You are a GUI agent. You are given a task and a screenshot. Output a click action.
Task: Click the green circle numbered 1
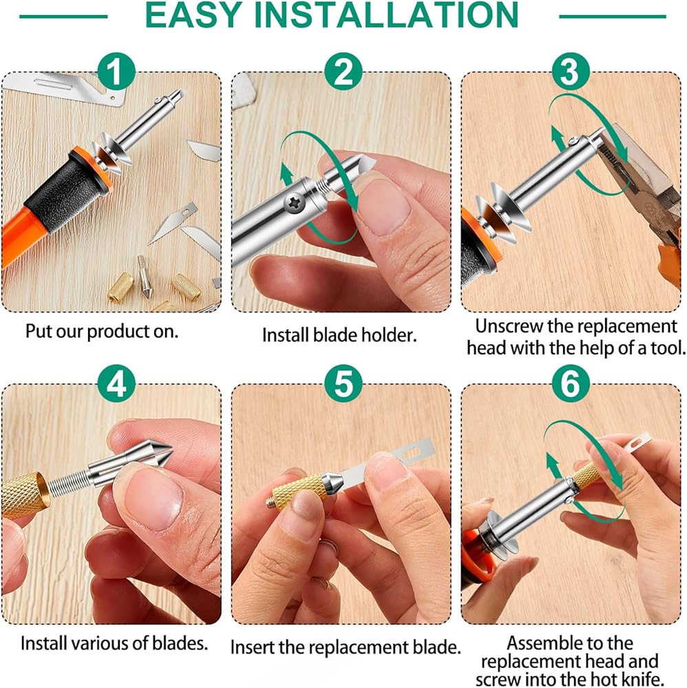116,71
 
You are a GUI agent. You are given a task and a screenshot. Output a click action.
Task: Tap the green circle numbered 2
343,71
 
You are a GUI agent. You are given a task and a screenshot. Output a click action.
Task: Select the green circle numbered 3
570,71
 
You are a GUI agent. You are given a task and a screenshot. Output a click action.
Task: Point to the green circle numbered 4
116,383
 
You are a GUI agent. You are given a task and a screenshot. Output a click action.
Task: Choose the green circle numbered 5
343,383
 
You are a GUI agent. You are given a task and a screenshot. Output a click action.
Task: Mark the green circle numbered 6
570,383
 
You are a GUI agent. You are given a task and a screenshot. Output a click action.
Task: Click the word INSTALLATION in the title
386,15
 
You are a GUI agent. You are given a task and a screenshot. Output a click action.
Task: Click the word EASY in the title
193,15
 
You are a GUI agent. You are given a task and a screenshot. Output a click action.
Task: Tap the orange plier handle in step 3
669,264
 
